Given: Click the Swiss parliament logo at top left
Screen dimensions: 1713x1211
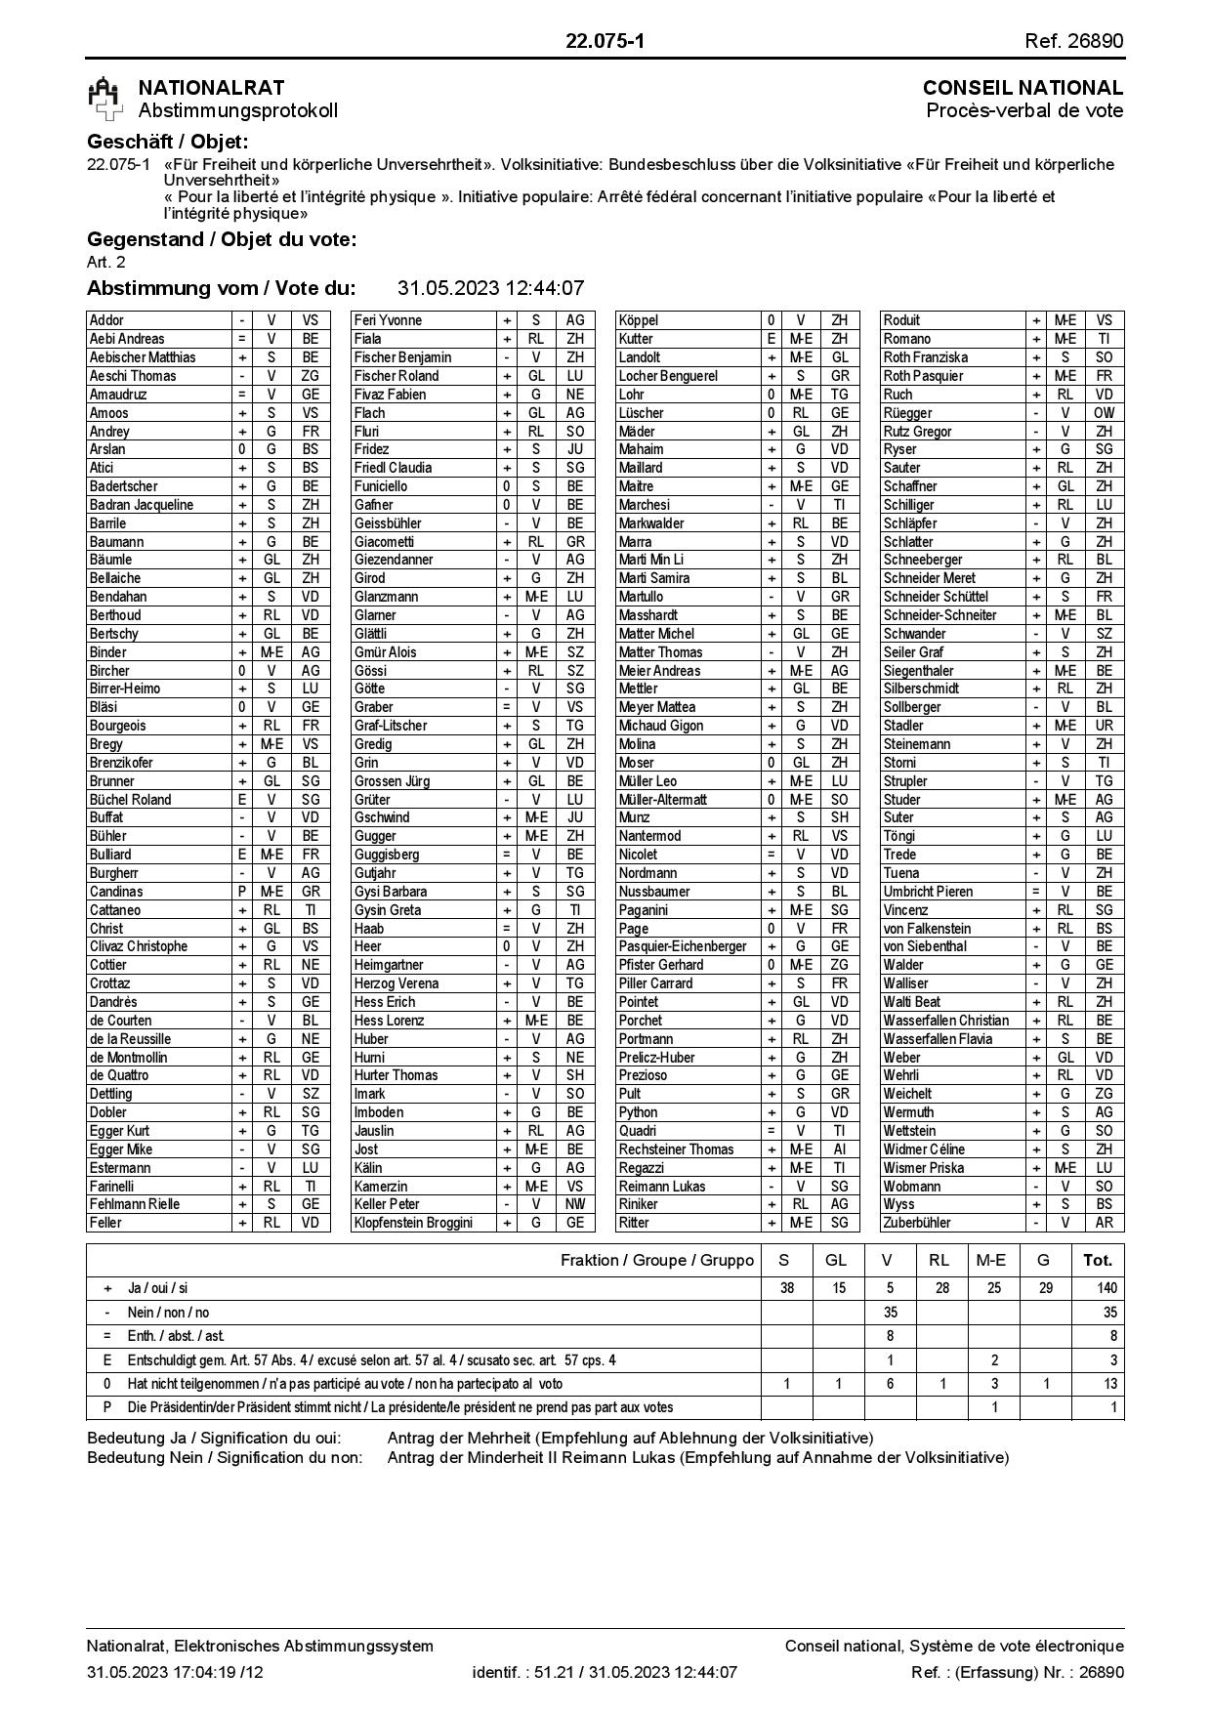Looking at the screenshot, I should pos(105,100).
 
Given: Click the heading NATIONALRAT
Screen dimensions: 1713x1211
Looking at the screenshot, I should pos(211,88).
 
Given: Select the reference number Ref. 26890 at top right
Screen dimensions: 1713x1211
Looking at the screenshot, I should pos(1073,41).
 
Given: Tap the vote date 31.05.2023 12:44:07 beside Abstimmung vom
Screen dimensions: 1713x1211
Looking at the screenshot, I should pos(490,288).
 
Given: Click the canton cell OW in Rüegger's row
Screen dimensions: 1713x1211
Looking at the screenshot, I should pos(1104,413).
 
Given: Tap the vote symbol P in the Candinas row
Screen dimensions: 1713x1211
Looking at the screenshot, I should pos(242,892).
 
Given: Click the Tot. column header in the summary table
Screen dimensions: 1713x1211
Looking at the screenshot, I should pos(1098,1260).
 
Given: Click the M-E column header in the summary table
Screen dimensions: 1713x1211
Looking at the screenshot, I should pos(993,1260).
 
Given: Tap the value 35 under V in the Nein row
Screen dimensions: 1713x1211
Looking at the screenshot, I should pos(889,1313).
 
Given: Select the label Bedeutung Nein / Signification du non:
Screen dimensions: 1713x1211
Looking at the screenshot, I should pos(225,1457).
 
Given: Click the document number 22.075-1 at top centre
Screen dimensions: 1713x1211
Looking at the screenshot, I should pos(605,41).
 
